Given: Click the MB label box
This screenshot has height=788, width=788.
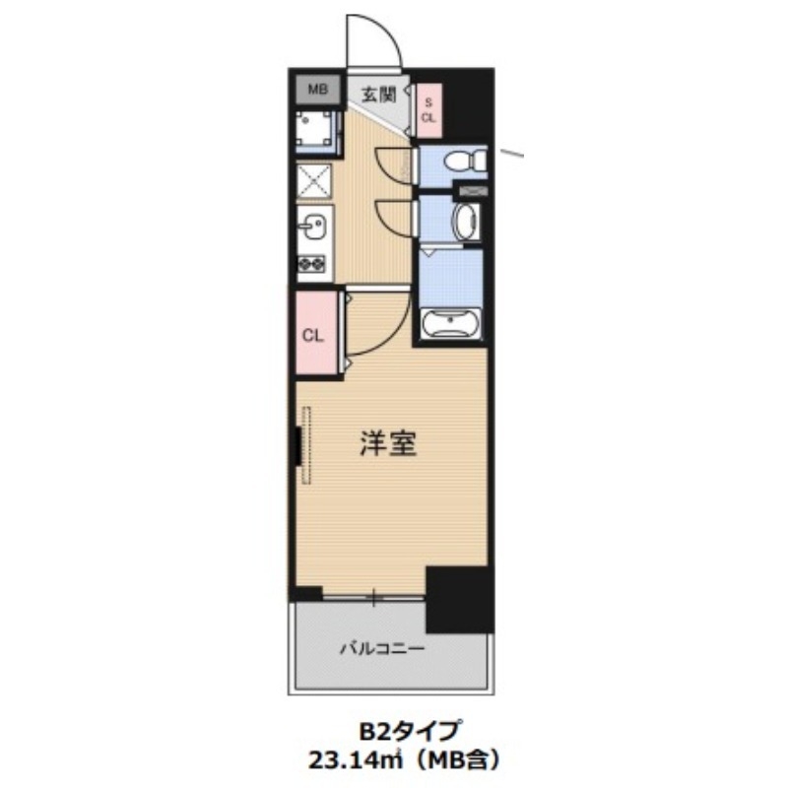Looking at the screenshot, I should (316, 91).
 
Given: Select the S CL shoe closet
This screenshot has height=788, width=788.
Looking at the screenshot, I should (428, 108).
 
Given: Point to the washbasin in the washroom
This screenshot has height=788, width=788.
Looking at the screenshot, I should (467, 222).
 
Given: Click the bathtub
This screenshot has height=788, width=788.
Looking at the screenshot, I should (450, 324).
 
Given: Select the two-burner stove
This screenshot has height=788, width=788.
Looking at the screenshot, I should (314, 264).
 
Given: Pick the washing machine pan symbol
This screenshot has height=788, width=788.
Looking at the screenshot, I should (317, 129).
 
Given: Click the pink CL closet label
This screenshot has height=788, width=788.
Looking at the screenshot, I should (313, 335).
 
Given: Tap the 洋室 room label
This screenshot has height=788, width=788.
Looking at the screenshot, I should (387, 444).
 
